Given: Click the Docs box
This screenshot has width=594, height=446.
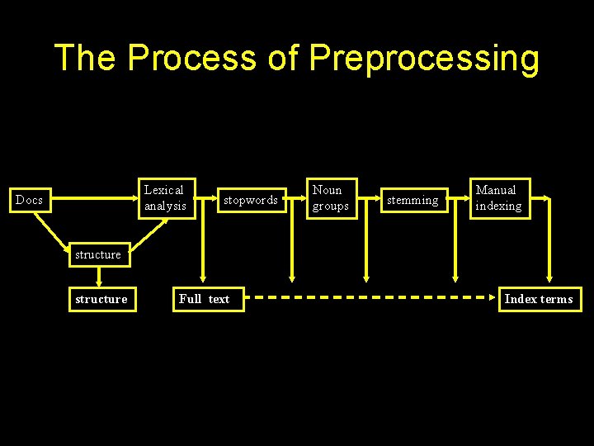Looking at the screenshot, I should pyautogui.click(x=30, y=200).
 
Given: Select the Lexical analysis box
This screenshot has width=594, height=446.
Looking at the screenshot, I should pyautogui.click(x=165, y=198).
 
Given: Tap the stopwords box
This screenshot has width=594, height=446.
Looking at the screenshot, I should pyautogui.click(x=251, y=200).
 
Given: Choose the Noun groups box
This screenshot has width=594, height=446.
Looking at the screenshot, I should pyautogui.click(x=330, y=198).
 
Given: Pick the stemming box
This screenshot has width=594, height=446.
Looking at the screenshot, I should pyautogui.click(x=412, y=200).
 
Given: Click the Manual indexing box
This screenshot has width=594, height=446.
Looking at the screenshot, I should pyautogui.click(x=498, y=198).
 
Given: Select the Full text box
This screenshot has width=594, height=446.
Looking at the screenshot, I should pyautogui.click(x=205, y=299).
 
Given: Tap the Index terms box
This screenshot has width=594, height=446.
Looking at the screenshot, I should pyautogui.click(x=539, y=299).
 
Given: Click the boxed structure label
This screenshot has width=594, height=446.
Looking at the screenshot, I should pyautogui.click(x=101, y=299).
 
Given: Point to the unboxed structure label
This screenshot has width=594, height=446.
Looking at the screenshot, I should pyautogui.click(x=97, y=254).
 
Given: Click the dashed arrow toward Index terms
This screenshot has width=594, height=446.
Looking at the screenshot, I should pyautogui.click(x=371, y=297).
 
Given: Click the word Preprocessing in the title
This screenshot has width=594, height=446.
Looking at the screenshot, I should pyautogui.click(x=424, y=58).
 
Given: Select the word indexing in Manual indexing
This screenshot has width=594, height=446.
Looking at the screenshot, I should pyautogui.click(x=498, y=206).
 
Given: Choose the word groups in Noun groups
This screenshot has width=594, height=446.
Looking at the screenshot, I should pyautogui.click(x=330, y=206).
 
